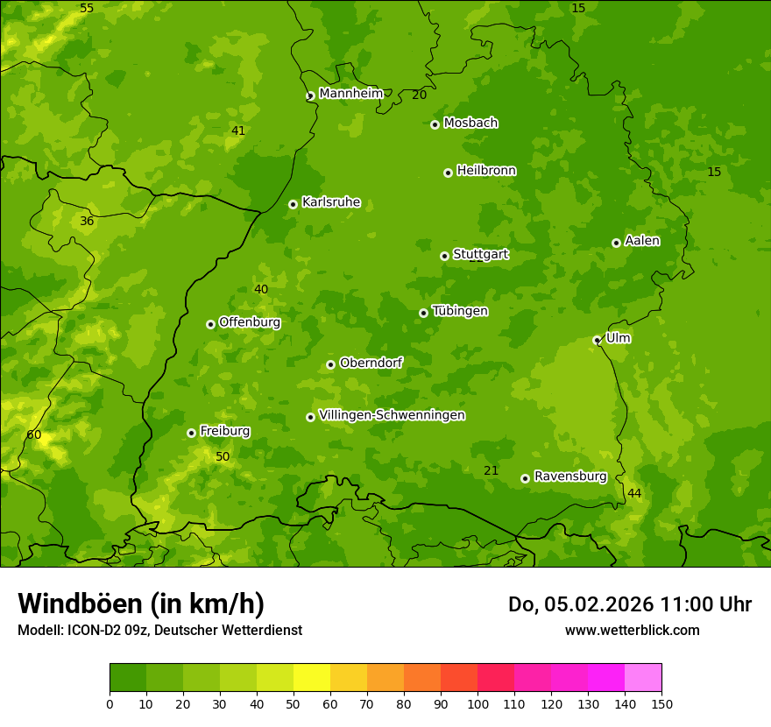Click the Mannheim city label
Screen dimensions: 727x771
[x=350, y=94]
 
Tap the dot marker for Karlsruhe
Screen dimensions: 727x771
[x=293, y=204]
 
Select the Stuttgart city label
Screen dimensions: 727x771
[x=480, y=255]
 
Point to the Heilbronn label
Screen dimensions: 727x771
[x=486, y=171]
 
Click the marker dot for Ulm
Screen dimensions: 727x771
[x=597, y=340]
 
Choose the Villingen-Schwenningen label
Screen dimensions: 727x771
[x=392, y=415]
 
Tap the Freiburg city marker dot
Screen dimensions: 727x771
[x=191, y=433]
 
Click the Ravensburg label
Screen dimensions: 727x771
[x=570, y=476]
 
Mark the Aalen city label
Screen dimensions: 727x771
[x=642, y=241]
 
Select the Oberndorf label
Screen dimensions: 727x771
[x=371, y=363]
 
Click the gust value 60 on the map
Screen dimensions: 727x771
[x=34, y=435]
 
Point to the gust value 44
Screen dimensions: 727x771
[x=634, y=494]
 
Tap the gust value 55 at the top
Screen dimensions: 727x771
[x=87, y=9]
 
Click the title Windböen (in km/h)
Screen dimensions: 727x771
[x=141, y=603]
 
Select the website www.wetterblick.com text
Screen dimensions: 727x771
[x=632, y=630]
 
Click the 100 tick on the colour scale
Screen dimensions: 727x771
[x=477, y=703]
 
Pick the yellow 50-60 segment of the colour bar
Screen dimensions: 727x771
[x=312, y=678]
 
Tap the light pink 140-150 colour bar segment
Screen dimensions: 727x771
[x=643, y=678]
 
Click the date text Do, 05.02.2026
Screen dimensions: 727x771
[x=581, y=604]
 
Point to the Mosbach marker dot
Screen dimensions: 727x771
[x=435, y=124]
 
